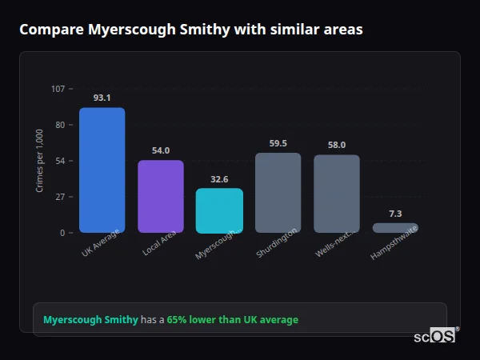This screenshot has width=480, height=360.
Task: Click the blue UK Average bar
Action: (x=102, y=170)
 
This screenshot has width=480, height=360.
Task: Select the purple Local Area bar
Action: (x=160, y=197)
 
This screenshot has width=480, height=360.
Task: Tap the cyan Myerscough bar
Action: (x=219, y=210)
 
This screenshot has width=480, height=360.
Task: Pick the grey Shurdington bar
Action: (x=278, y=193)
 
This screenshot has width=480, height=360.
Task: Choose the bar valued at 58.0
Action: (x=337, y=194)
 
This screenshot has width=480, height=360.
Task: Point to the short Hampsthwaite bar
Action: (x=395, y=228)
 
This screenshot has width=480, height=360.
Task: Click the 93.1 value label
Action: (x=102, y=98)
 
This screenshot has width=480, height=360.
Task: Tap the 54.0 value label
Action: (x=160, y=150)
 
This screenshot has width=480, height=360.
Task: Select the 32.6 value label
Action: (x=219, y=179)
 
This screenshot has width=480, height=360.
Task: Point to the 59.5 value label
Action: (x=278, y=143)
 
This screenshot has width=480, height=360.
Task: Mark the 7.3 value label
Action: (x=395, y=214)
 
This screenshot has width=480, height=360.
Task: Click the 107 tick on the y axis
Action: (x=58, y=89)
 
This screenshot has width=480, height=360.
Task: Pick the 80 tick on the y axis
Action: (x=60, y=125)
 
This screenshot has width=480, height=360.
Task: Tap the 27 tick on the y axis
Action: (x=60, y=197)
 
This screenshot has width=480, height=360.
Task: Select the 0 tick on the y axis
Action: (x=62, y=233)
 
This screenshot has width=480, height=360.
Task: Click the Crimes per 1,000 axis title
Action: (x=40, y=161)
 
